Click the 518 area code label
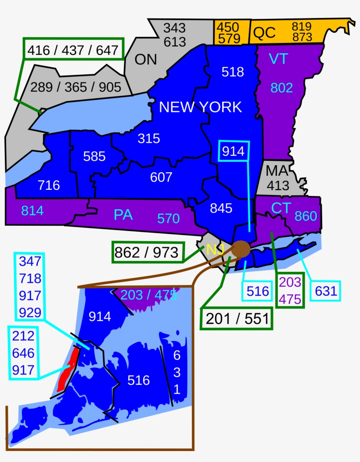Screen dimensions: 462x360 (x=233, y=71)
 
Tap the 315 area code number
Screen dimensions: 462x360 (x=149, y=139)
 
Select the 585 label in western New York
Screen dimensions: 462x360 (x=94, y=156)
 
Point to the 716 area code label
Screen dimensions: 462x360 (x=49, y=185)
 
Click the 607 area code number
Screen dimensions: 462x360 (x=161, y=177)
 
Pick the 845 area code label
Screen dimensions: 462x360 (x=221, y=208)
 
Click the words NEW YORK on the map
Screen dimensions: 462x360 (x=200, y=107)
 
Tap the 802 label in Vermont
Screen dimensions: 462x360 (x=281, y=88)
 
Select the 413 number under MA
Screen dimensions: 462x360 (x=278, y=185)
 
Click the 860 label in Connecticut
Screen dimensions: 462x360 (x=306, y=216)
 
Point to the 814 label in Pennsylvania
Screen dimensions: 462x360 (x=32, y=211)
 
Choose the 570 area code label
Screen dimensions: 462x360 (x=169, y=218)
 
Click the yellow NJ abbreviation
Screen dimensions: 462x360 (x=215, y=250)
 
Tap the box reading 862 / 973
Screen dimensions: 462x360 (x=147, y=252)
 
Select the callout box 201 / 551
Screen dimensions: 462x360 (x=237, y=319)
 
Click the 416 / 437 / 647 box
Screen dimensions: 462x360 (x=73, y=51)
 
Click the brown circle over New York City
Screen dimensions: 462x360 (x=241, y=249)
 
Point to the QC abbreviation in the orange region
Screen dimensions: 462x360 (x=264, y=32)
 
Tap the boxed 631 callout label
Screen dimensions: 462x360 (x=325, y=291)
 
